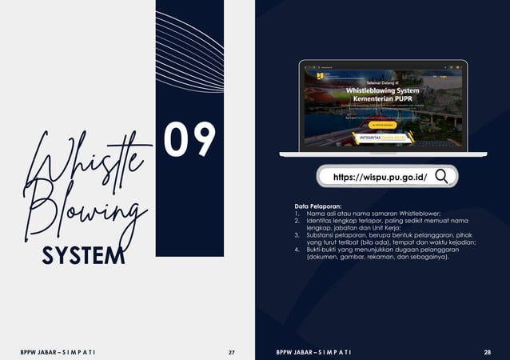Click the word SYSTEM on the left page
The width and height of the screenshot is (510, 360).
click(x=83, y=255)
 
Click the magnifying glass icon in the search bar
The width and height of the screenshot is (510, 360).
click(x=441, y=176)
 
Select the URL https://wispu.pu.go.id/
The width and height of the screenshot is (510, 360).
click(x=379, y=177)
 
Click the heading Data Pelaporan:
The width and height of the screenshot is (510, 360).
click(x=318, y=206)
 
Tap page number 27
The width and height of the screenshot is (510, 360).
click(x=232, y=352)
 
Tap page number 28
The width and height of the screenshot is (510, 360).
click(x=487, y=352)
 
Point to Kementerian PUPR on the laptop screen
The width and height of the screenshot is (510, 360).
click(x=381, y=98)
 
